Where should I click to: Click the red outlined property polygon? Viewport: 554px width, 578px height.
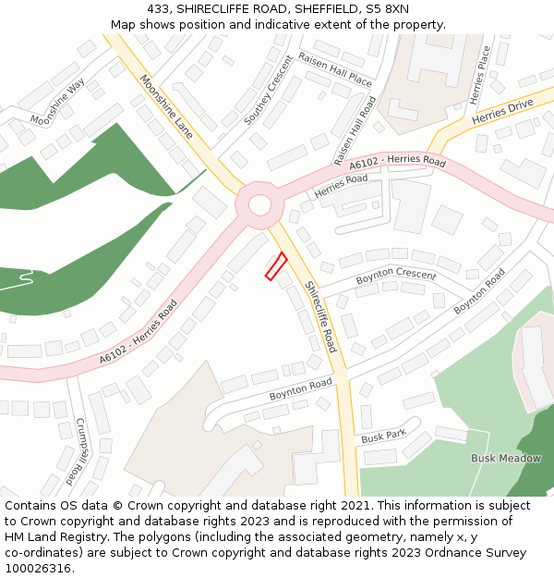point(276,265)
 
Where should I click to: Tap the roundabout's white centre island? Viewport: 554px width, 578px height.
point(259,204)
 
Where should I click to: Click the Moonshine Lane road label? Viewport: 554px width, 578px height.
point(166,107)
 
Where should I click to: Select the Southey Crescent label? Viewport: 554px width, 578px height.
point(268,96)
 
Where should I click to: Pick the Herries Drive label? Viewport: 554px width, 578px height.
point(502,114)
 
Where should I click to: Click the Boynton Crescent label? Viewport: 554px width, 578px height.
point(396,275)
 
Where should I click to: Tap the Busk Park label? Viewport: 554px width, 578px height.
point(384,436)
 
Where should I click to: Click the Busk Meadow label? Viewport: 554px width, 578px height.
point(506,458)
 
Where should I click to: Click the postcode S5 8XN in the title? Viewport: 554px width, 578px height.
point(387,10)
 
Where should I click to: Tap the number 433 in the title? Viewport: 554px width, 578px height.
point(158,10)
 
